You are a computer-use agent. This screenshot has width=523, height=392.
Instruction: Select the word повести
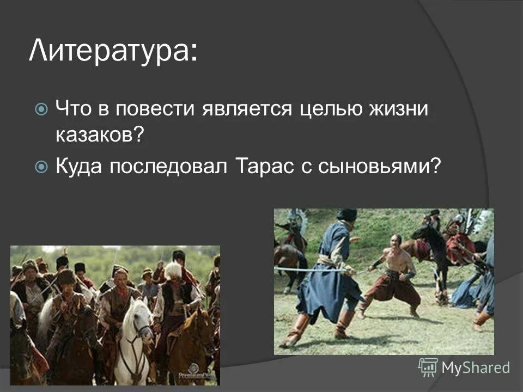(153, 109)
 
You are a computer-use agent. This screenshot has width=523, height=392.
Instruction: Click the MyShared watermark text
(475, 367)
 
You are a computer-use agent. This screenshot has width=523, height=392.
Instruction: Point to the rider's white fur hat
(173, 269)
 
